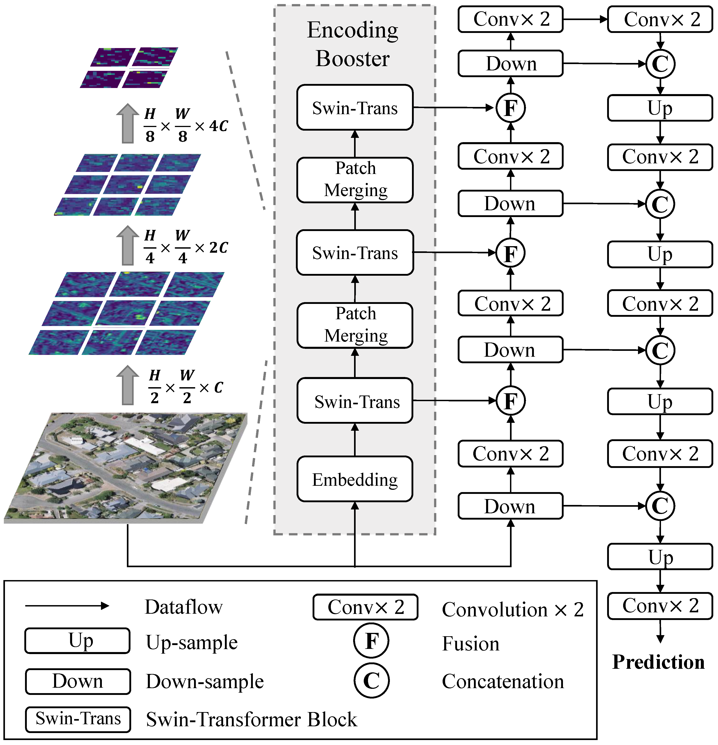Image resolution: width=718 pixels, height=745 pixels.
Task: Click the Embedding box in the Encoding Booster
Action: pyautogui.click(x=355, y=479)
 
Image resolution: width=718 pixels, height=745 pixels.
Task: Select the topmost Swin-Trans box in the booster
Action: pyautogui.click(x=355, y=108)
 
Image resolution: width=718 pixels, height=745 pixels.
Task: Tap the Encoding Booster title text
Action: pyautogui.click(x=352, y=44)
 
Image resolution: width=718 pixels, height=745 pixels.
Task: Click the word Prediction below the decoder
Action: pyautogui.click(x=658, y=662)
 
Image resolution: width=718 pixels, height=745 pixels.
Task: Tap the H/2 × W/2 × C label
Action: pyautogui.click(x=186, y=387)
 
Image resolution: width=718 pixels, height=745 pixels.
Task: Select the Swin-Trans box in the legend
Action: pyautogui.click(x=78, y=719)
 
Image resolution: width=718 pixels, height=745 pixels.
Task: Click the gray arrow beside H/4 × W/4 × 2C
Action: pyautogui.click(x=128, y=245)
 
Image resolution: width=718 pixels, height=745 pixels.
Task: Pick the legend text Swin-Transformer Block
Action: pyautogui.click(x=251, y=719)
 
